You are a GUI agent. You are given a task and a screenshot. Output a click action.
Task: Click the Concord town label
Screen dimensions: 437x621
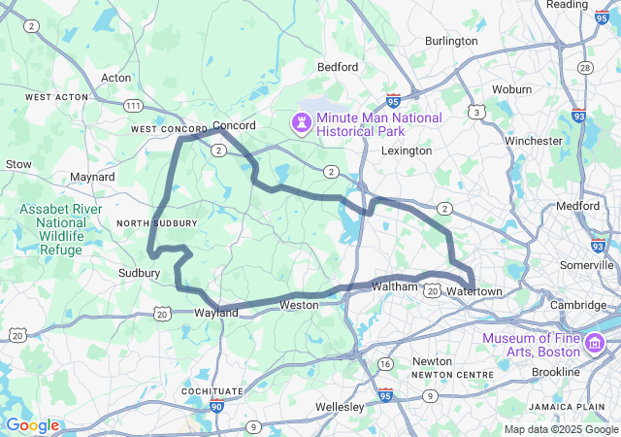[234, 126]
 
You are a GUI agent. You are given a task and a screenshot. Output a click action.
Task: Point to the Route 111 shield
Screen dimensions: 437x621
[133, 106]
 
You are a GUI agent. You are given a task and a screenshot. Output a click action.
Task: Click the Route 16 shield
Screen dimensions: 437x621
[386, 364]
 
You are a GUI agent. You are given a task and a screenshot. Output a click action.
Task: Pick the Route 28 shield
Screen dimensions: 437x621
[585, 68]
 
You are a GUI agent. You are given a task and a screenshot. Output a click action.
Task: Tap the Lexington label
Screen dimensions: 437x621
[407, 151]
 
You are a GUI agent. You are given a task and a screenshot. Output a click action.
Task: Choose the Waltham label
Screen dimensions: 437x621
[394, 286]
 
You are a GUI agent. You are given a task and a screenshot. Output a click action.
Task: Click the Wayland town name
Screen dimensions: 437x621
[216, 313]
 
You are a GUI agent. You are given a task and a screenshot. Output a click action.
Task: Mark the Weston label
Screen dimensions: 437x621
[299, 305]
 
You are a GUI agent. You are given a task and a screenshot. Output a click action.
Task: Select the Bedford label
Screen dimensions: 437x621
[338, 67]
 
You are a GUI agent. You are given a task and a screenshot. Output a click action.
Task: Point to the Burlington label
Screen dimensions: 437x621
[451, 42]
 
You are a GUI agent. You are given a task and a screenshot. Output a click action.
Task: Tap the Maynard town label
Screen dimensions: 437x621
[93, 178]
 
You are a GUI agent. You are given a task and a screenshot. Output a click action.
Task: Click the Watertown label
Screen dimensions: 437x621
[475, 292]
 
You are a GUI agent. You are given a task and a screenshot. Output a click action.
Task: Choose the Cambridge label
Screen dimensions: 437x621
[579, 305]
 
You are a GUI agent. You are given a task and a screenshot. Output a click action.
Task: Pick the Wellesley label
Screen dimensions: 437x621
[339, 406]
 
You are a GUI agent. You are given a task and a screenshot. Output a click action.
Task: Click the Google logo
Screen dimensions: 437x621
[32, 425]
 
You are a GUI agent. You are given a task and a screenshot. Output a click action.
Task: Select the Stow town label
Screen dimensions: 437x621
[19, 165]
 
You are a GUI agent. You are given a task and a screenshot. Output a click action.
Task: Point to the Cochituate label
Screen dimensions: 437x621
[212, 391]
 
